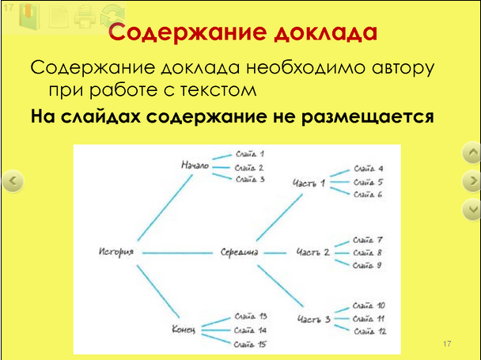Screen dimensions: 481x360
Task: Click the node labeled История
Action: tap(116, 252)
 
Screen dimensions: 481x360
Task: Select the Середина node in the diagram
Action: tap(239, 252)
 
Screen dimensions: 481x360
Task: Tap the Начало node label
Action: tap(195, 165)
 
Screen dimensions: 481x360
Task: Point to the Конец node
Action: tap(184, 330)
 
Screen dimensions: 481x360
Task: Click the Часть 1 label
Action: tap(309, 184)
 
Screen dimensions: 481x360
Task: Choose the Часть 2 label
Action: tap(313, 252)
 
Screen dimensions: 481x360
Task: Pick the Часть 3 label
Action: tap(314, 319)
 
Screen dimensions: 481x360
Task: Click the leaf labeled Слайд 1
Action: tap(250, 153)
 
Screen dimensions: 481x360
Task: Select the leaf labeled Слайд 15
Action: tap(250, 344)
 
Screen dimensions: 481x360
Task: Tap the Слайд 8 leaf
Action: tap(367, 252)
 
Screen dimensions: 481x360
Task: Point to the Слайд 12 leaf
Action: tap(370, 332)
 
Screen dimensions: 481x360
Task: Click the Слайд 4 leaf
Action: tap(369, 169)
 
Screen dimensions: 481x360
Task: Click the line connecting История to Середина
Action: tap(178, 253)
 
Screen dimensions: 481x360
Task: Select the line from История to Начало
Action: tap(165, 207)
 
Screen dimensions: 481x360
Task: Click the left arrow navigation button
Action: tap(13, 180)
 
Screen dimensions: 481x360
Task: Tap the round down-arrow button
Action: tap(472, 210)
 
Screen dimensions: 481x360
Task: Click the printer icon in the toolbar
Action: tap(85, 17)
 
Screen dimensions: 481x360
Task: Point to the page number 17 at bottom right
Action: tap(447, 343)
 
